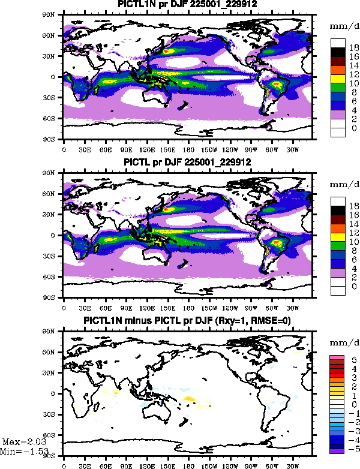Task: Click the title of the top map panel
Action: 187,5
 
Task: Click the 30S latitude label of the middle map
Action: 53,256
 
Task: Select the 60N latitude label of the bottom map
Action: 53,352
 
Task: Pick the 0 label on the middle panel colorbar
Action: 354,287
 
